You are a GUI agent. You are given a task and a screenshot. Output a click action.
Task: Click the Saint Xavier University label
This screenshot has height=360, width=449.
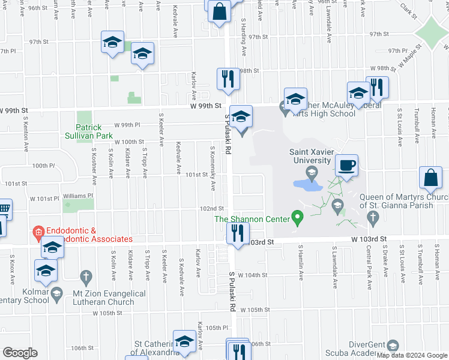click(310, 156)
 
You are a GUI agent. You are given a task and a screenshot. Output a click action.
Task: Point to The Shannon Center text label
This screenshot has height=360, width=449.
click(252, 219)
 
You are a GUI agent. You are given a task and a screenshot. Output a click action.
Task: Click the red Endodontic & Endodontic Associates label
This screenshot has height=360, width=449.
click(81, 235)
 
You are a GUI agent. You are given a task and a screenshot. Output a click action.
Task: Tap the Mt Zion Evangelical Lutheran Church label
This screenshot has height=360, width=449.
click(106, 298)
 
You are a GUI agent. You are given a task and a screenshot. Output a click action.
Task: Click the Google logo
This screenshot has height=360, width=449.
click(20, 353)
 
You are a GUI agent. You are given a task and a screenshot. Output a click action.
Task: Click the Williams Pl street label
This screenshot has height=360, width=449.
click(79, 195)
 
